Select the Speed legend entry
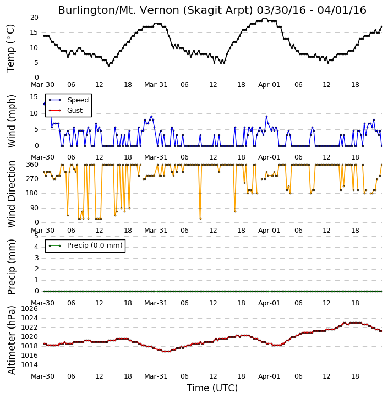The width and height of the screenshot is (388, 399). pos(69,100)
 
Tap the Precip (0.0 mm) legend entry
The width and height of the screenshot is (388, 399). pos(85,245)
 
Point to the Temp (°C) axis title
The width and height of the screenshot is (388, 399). pos(10,48)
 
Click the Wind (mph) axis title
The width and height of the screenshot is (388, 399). pos(11,122)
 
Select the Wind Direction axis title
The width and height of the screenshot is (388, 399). pos(11,194)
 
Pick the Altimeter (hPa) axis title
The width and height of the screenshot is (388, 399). pos(11,340)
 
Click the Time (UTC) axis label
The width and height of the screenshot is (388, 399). pos(212,388)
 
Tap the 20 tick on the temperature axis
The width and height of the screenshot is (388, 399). pos(34,18)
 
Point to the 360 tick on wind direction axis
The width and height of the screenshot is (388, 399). pos(32,165)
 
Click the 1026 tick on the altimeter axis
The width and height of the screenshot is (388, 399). pos(30,309)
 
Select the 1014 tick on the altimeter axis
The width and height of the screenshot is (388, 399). pos(30,365)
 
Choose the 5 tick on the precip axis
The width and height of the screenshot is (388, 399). pos(36,236)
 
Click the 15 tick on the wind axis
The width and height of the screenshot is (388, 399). pos(34,97)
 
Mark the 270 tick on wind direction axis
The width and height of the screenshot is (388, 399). pos(32,179)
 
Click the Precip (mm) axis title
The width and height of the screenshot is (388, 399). pos(11,267)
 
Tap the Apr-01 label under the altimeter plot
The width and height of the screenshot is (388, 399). pos(269,376)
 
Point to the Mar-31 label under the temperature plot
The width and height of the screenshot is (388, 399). pos(156,85)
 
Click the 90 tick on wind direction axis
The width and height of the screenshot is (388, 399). pos(34,208)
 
